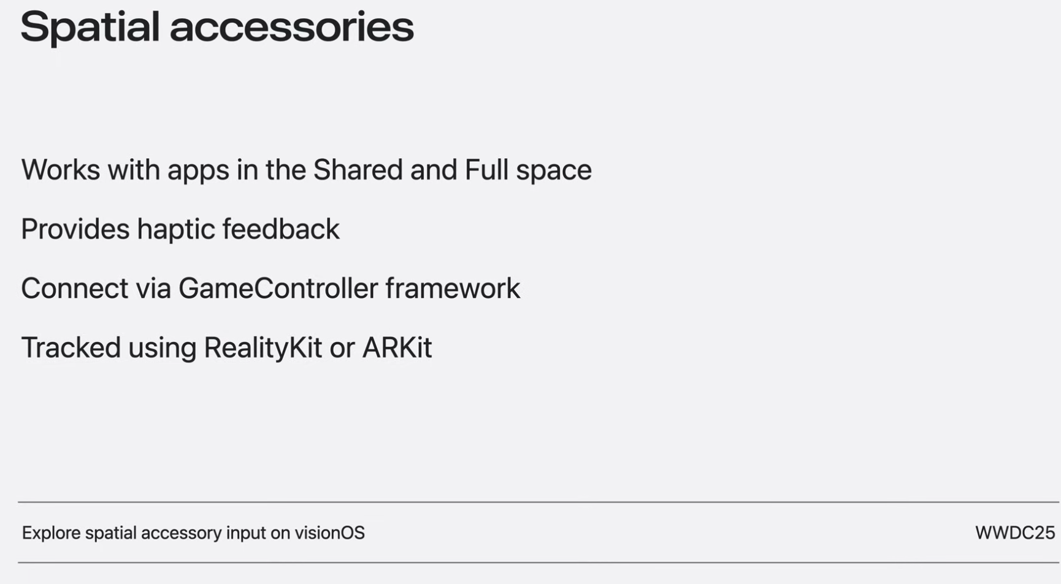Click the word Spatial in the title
coord(90,28)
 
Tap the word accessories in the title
coord(291,29)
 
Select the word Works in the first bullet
coord(60,170)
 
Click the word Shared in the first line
coord(358,170)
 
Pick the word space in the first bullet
coord(554,172)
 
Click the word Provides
coord(75,229)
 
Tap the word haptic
coord(175,230)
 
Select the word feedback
coord(280,229)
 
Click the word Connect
coord(74,289)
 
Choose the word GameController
coord(278,289)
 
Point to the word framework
coord(453,289)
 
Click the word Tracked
coord(71,347)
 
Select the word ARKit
coord(397,347)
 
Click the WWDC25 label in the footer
coord(1014,533)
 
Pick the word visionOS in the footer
coord(329,533)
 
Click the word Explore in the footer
coord(51,533)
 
